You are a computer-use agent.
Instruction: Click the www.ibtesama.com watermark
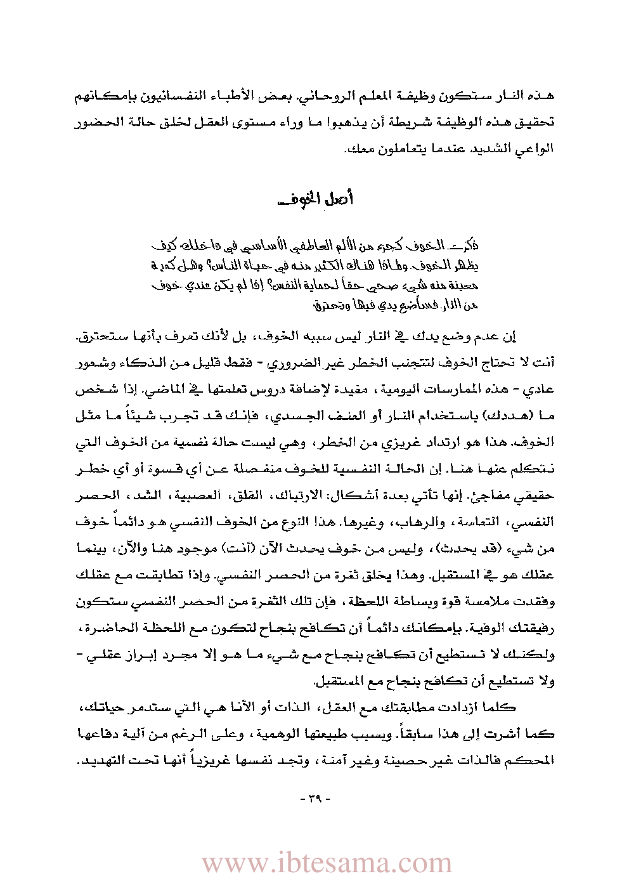(x=327, y=863)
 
